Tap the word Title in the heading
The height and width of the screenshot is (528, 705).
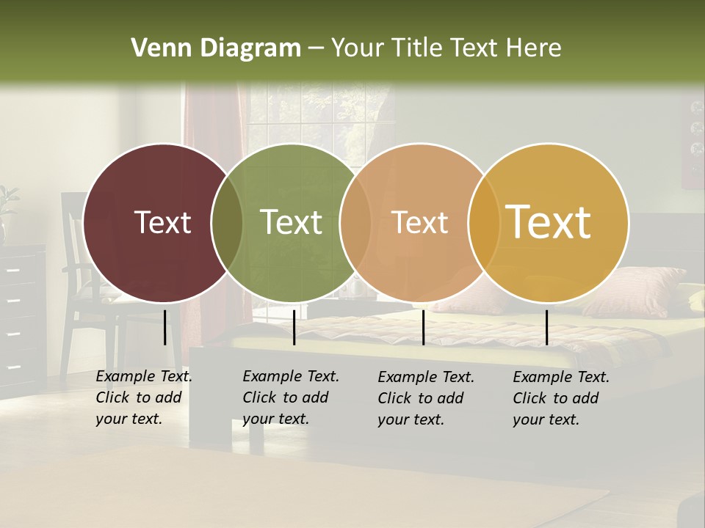coord(417,48)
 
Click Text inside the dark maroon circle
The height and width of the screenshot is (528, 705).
coord(162,222)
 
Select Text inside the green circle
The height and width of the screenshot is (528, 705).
coord(292,222)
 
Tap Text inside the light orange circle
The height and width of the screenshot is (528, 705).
coord(419,222)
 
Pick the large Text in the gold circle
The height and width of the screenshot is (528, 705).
coord(549,221)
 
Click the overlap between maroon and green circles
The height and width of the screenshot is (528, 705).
coord(227,223)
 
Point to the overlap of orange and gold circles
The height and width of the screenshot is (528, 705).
coord(484,223)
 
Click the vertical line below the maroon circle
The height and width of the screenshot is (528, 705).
coord(165,327)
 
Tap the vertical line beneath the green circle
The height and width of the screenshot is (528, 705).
coord(294,327)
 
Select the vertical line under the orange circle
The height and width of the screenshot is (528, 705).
coord(423,327)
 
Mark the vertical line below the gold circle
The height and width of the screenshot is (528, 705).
coord(546,327)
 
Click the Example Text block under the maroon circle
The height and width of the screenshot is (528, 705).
coord(143,397)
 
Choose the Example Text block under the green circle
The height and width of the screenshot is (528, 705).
coord(290,397)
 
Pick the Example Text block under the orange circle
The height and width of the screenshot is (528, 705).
coord(425,398)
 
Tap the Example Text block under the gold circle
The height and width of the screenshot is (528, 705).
coord(560,398)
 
